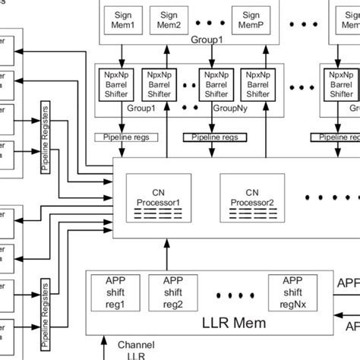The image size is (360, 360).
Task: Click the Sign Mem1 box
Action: point(122,19)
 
